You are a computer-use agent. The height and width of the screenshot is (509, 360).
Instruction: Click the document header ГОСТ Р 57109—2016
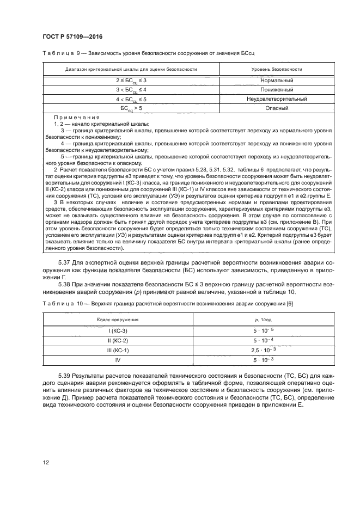tap(72, 36)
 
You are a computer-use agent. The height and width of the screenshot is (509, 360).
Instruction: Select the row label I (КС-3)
tap(118, 330)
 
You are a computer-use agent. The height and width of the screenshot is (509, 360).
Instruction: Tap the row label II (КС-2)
tap(118, 340)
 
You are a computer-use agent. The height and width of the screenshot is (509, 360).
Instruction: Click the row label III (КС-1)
tap(118, 350)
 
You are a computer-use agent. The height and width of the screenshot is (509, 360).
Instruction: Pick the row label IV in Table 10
tap(118, 360)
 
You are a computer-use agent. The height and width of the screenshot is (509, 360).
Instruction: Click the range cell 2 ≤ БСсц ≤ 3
tap(131, 81)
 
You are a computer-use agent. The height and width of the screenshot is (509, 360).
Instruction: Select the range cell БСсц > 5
tap(131, 108)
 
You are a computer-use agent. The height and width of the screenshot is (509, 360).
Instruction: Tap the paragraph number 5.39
tap(65, 376)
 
